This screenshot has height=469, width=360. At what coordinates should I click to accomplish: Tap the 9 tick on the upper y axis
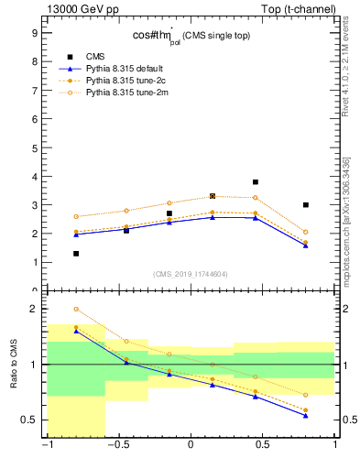click(x=33, y=32)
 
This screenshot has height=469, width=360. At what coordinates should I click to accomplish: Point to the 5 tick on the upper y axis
click(x=33, y=147)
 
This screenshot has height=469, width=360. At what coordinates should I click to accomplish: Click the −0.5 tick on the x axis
click(x=117, y=446)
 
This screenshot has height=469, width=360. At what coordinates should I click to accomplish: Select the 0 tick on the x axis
click(x=191, y=446)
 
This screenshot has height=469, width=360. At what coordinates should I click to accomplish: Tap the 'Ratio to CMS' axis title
click(x=14, y=377)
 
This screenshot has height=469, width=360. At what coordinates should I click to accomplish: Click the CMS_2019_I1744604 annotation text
click(x=191, y=274)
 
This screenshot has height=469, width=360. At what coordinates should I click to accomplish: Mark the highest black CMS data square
click(x=256, y=182)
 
